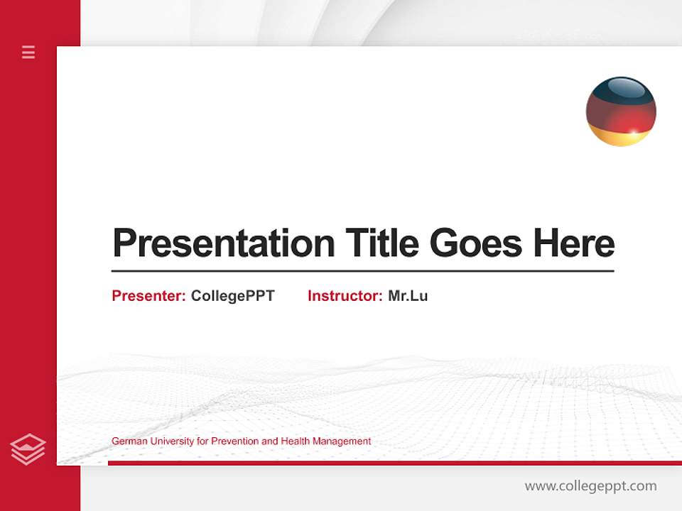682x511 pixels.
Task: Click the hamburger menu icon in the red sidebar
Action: pyautogui.click(x=28, y=52)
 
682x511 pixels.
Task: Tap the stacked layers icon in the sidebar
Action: pyautogui.click(x=28, y=449)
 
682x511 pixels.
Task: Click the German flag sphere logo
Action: pyautogui.click(x=621, y=111)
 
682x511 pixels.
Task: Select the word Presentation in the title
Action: pyautogui.click(x=223, y=243)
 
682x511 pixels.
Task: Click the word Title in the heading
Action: pyautogui.click(x=381, y=243)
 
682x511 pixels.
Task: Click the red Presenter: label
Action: pyautogui.click(x=148, y=296)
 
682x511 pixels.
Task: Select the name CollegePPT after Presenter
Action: pyautogui.click(x=232, y=296)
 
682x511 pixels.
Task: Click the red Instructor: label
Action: pyautogui.click(x=345, y=296)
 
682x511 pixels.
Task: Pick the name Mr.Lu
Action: pyautogui.click(x=408, y=296)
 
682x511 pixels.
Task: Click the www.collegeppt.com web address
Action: pyautogui.click(x=590, y=486)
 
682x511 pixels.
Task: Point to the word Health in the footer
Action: pyautogui.click(x=296, y=441)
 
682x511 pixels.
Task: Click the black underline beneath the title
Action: pyautogui.click(x=362, y=270)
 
